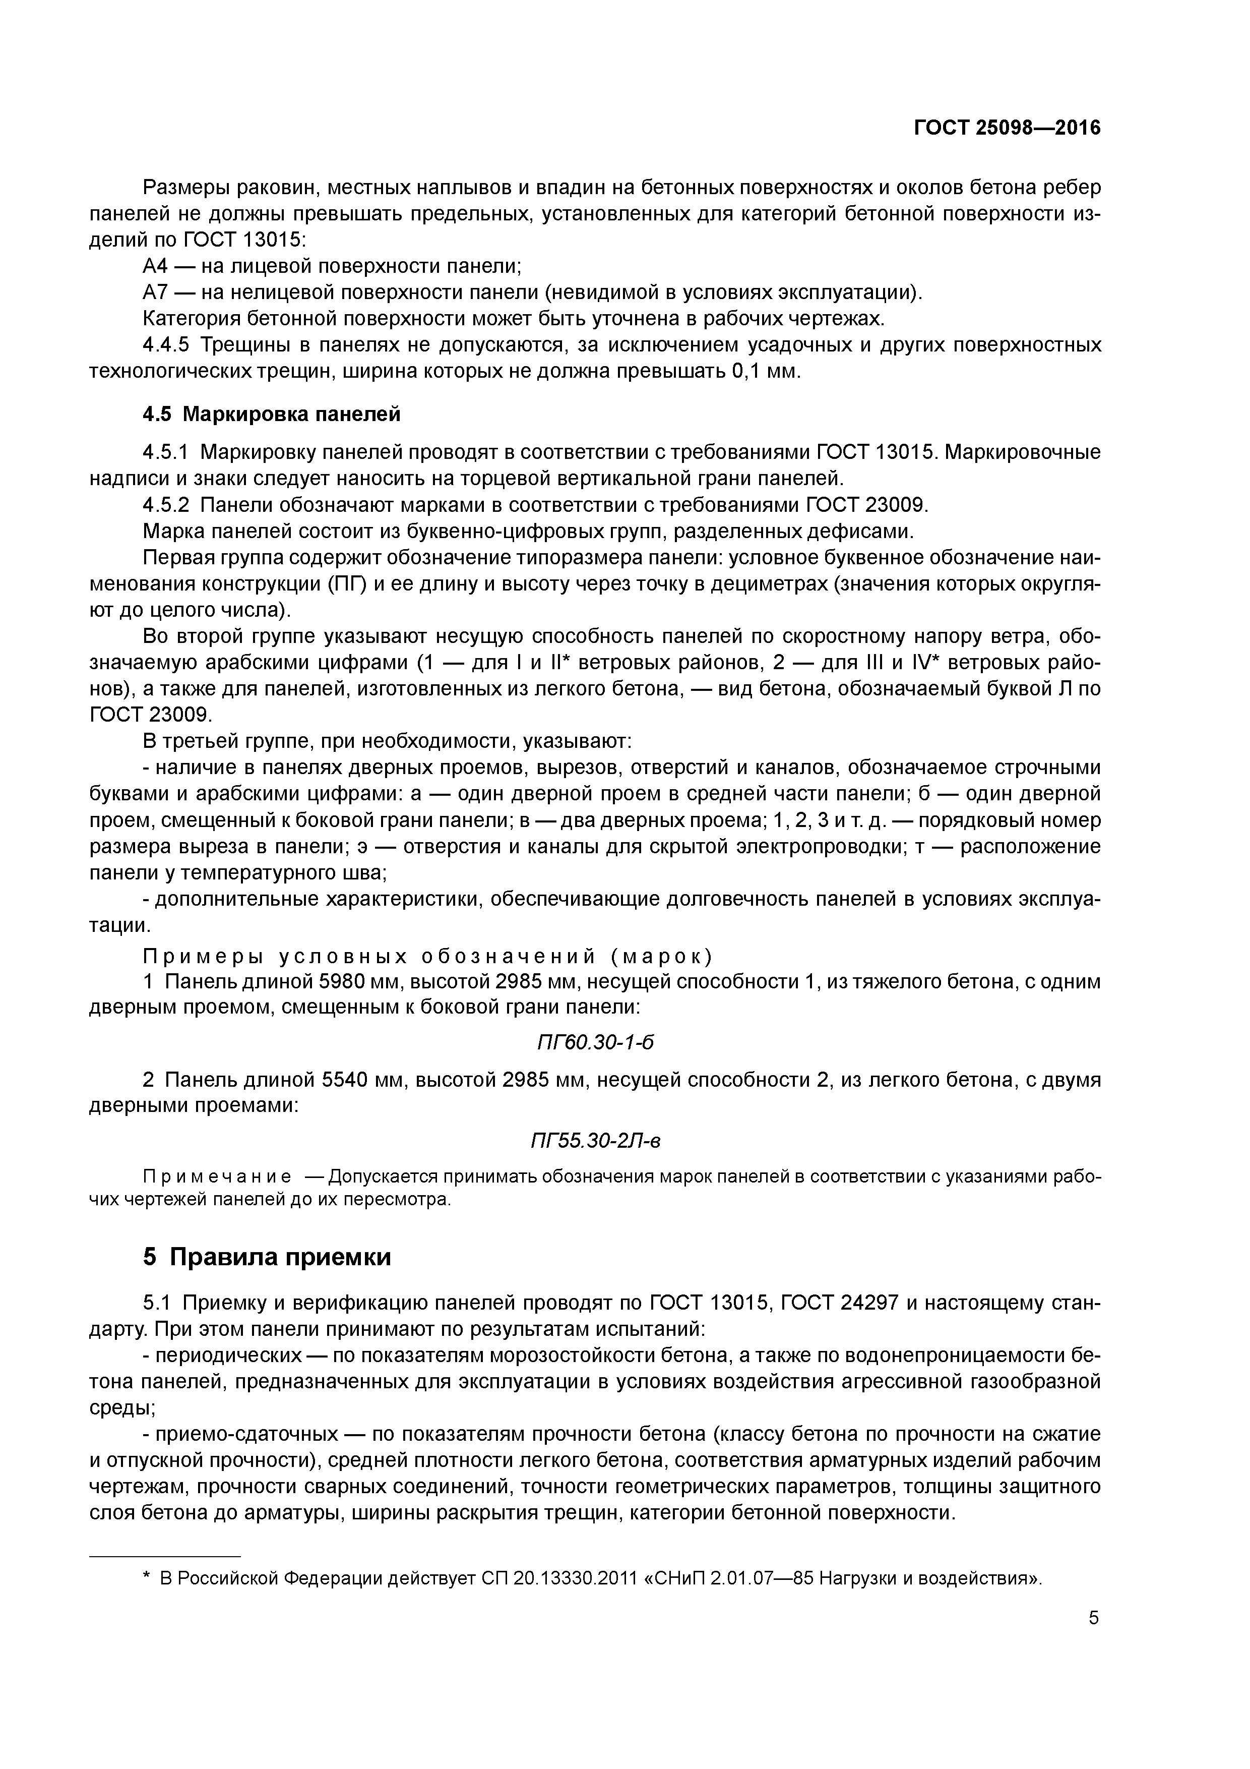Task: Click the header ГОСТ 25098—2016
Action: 1007,128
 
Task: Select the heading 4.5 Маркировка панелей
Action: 271,415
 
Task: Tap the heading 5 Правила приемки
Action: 267,1257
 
